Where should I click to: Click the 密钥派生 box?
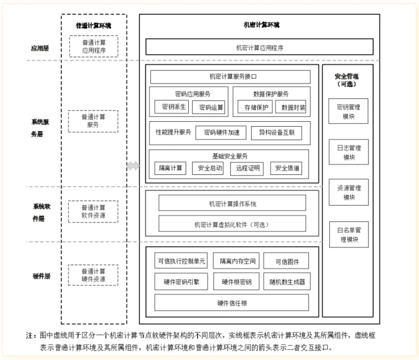170,107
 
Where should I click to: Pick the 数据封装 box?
290,107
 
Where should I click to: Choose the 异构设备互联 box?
276,133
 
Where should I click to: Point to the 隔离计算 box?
170,168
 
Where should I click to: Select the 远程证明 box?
248,168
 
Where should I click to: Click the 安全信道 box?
286,168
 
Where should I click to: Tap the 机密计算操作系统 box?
232,203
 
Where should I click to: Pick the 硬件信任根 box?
231,303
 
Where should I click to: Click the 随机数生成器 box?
287,282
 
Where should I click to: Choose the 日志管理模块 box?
349,153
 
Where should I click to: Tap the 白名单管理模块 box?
349,234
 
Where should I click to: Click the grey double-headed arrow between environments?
133,166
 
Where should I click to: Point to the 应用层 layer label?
40,48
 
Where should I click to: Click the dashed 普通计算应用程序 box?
94,46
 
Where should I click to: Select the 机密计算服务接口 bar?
230,77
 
